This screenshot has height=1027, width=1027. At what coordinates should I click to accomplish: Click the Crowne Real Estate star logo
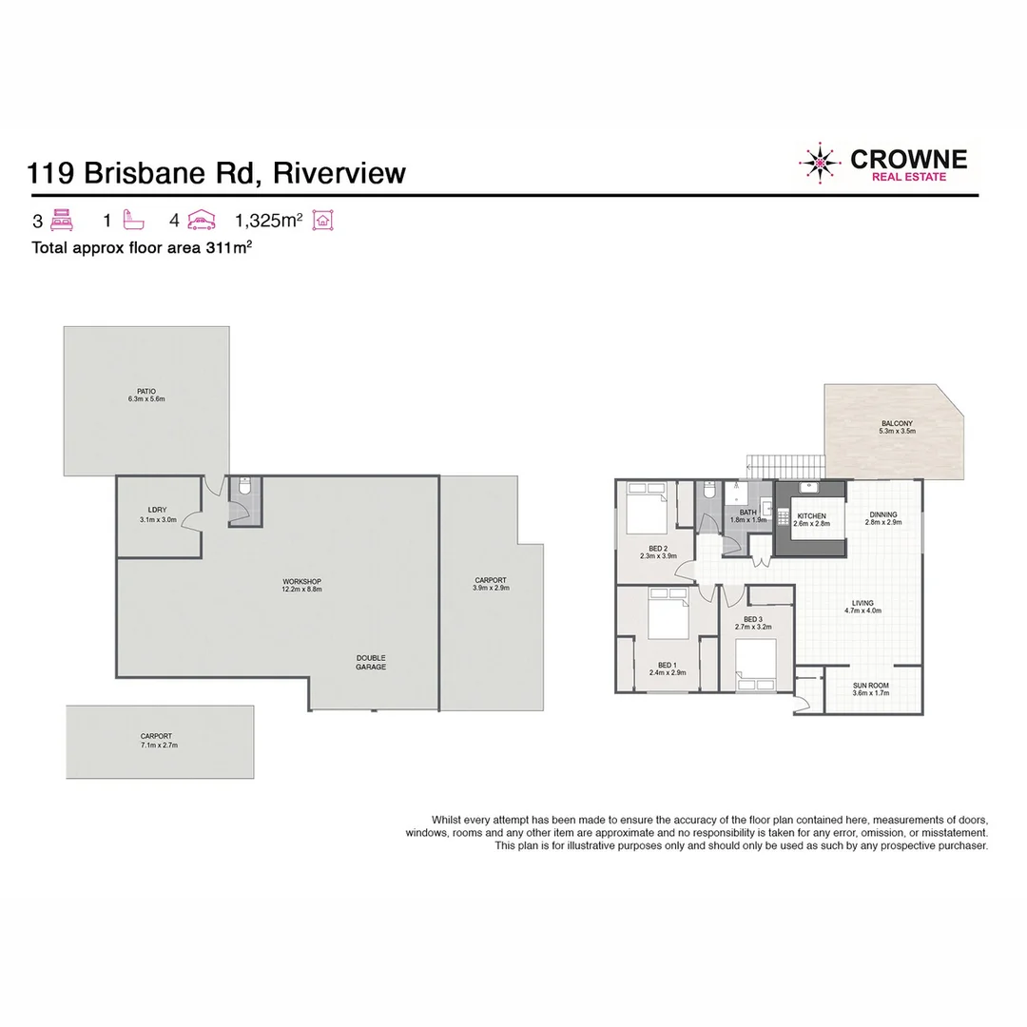click(x=820, y=164)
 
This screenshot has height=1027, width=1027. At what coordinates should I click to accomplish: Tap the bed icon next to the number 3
click(x=63, y=221)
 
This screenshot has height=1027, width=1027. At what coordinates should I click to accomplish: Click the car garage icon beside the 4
click(x=202, y=221)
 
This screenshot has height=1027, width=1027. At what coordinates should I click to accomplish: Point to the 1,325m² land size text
click(x=268, y=221)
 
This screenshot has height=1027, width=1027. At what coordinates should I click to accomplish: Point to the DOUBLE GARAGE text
click(x=371, y=663)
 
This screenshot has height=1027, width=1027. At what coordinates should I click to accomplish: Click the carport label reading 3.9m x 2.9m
click(x=491, y=584)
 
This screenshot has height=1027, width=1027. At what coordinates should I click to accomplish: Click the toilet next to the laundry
click(x=243, y=493)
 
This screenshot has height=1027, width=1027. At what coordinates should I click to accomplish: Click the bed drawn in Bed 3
click(x=756, y=663)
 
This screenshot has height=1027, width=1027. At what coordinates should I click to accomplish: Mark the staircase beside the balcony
click(x=785, y=466)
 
